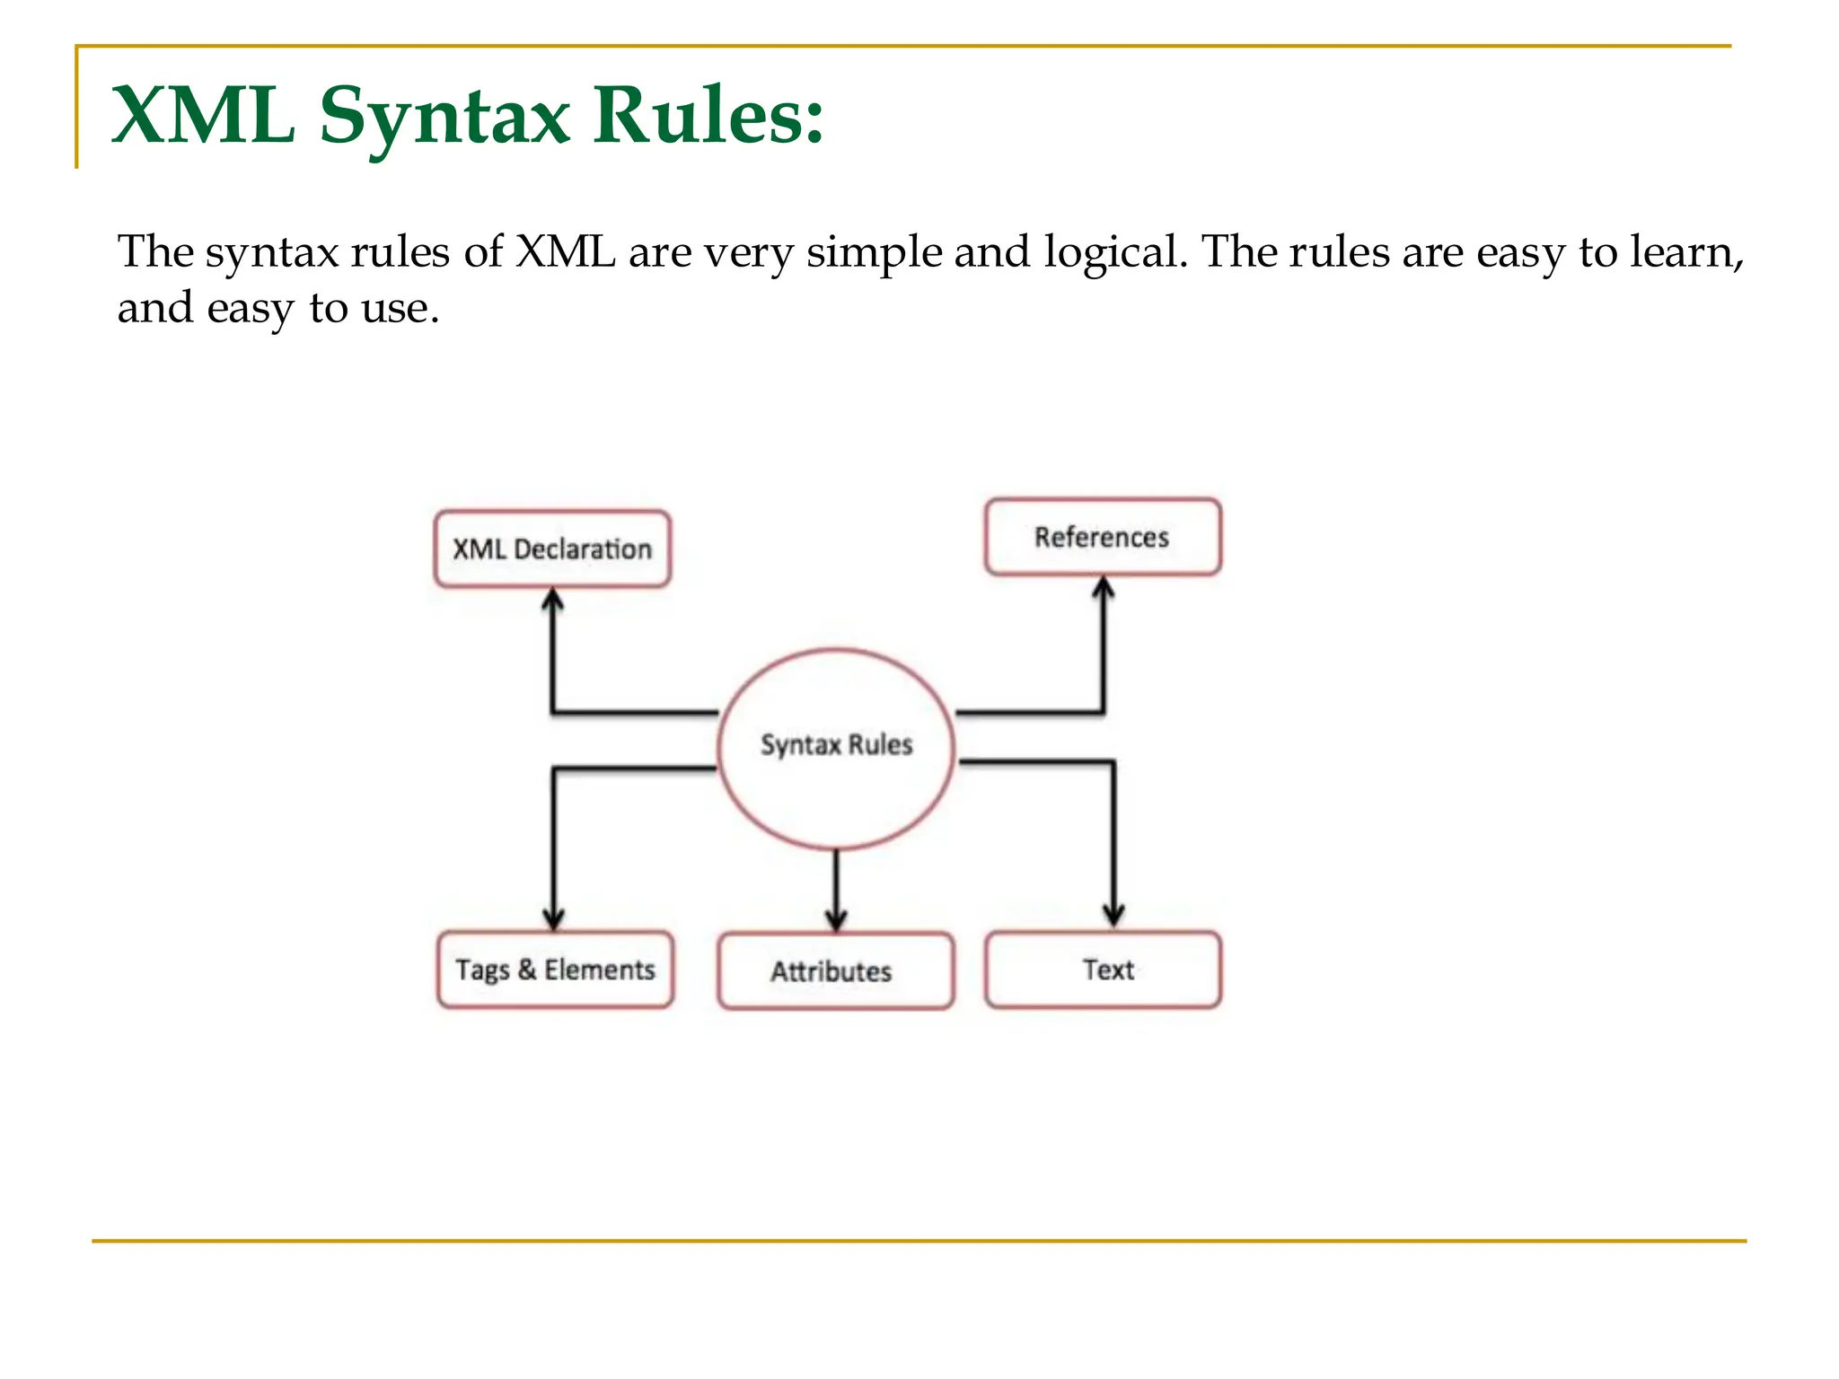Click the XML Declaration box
(552, 549)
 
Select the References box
(1103, 537)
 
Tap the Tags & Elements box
(555, 970)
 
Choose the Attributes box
(835, 971)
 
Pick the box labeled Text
(1103, 970)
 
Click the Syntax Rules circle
(836, 747)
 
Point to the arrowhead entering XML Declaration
(553, 599)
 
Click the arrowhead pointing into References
(1104, 587)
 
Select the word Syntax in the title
(444, 117)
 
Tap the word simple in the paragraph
(874, 252)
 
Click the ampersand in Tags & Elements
(527, 969)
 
